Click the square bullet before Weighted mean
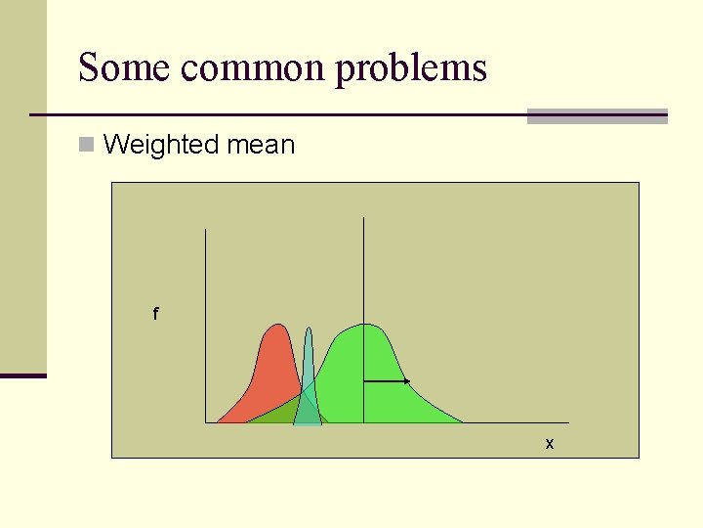87,146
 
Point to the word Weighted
161,146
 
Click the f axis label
154,315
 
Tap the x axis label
550,444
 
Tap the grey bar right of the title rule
597,116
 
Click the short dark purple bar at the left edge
23,375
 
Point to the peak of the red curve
279,326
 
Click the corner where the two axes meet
206,422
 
